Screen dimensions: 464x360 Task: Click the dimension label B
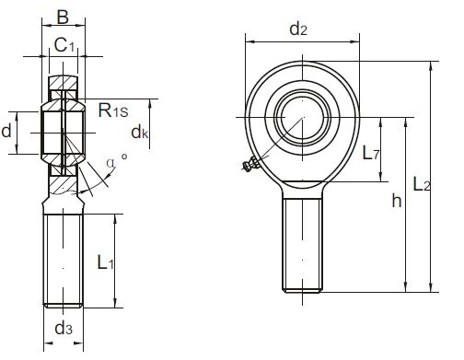click(63, 17)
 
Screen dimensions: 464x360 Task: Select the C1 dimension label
click(64, 45)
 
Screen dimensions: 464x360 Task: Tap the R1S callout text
click(113, 110)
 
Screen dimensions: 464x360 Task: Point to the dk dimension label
click(140, 133)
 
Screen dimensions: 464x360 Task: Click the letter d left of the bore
click(6, 131)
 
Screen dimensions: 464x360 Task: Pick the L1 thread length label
click(106, 262)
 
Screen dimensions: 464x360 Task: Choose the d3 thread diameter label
click(64, 329)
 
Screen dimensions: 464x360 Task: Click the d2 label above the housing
click(298, 29)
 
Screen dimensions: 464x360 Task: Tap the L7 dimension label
click(371, 153)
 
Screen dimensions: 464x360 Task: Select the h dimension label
click(397, 201)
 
